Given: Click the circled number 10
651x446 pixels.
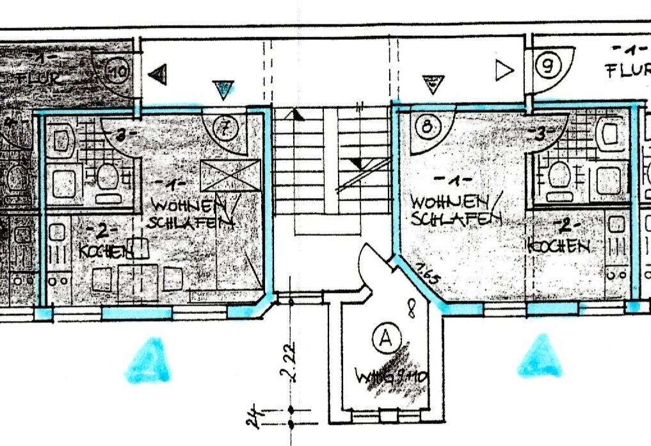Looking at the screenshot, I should point(119,69).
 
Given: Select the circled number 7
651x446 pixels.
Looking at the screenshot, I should point(225,128).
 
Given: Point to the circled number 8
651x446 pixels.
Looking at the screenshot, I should point(427,125).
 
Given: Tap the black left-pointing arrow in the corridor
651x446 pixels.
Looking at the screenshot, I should point(157,74).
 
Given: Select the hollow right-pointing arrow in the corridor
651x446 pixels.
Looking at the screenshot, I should point(504,70).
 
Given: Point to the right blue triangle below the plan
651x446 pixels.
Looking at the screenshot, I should point(542,356).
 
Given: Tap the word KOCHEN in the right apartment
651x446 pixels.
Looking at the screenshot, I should point(559,245).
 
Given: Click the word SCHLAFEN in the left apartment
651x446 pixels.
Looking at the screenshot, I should point(190,223).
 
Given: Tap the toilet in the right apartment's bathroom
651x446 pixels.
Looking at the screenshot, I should point(559,176).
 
